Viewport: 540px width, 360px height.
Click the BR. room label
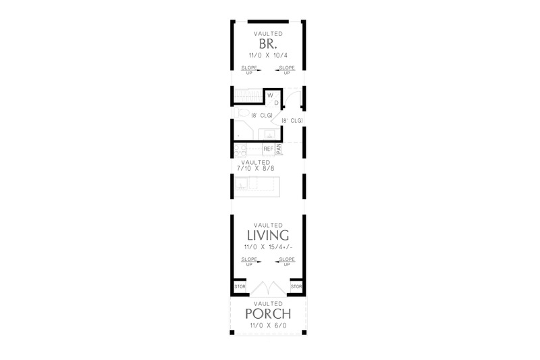pyautogui.click(x=268, y=45)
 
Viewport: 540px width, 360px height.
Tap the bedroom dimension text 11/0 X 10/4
pyautogui.click(x=268, y=57)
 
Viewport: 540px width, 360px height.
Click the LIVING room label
pyautogui.click(x=268, y=236)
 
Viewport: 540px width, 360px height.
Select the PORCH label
pyautogui.click(x=268, y=314)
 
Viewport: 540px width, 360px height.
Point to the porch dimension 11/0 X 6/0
pyautogui.click(x=268, y=326)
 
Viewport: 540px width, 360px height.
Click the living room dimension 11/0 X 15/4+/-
pyautogui.click(x=268, y=248)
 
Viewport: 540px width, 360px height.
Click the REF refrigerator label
pyautogui.click(x=268, y=149)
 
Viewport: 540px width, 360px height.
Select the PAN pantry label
pyautogui.click(x=278, y=149)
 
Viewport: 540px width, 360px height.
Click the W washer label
pyautogui.click(x=270, y=95)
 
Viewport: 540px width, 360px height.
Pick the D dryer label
pyautogui.click(x=275, y=103)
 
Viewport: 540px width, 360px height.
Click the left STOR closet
pyautogui.click(x=239, y=287)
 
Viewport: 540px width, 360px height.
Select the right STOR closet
pyautogui.click(x=296, y=287)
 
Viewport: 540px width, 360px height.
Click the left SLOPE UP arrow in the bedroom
pyautogui.click(x=248, y=69)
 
